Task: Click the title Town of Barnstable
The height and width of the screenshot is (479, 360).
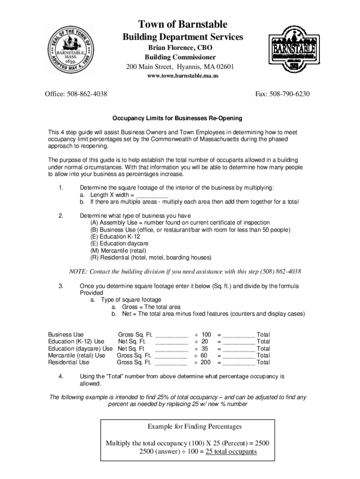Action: tap(182, 24)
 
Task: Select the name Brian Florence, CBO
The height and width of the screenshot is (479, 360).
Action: tap(180, 48)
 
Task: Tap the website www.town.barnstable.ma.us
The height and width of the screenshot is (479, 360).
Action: tap(180, 75)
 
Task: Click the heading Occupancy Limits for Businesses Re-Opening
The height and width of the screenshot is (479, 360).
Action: tap(180, 118)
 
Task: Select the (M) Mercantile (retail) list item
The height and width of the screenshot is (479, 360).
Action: tap(124, 251)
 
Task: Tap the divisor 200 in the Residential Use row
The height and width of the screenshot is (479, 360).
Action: tap(205, 362)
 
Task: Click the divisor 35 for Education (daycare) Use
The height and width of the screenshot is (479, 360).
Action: tap(204, 348)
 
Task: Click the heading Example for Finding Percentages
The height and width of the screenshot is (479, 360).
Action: tap(194, 427)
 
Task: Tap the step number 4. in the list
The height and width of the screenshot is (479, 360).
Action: tap(61, 376)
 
